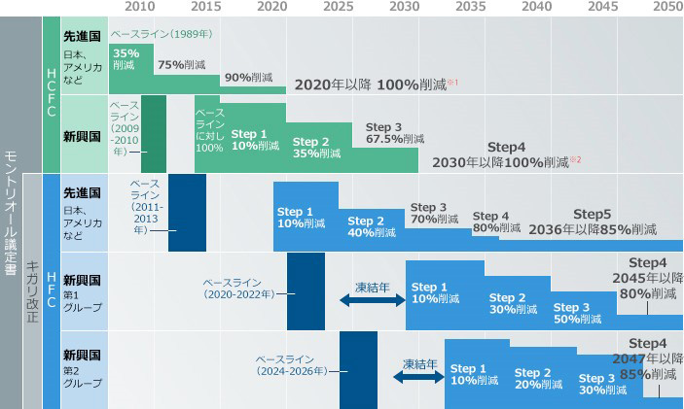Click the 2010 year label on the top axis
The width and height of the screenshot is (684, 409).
(140, 7)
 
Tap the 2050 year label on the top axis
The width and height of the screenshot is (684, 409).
(666, 7)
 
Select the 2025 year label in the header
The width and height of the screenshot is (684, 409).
(338, 7)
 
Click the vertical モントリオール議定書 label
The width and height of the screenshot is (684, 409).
(11, 214)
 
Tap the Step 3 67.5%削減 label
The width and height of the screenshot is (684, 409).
(385, 133)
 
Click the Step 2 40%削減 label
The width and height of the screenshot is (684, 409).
(372, 227)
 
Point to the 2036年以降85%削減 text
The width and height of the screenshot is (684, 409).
(592, 230)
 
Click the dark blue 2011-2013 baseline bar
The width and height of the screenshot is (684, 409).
(187, 212)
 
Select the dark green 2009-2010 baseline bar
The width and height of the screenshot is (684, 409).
(153, 133)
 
